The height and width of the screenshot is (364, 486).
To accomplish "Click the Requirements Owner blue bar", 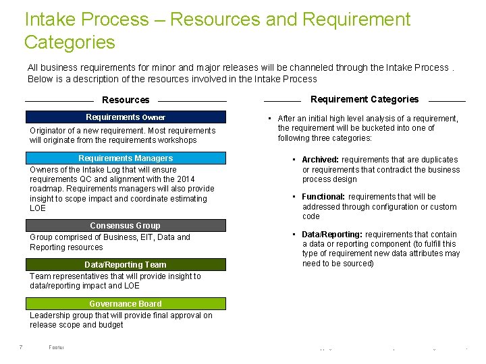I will tap(126, 117).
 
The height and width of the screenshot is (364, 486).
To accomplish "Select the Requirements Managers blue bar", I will tap(126, 158).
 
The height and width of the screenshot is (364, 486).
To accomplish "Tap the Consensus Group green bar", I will tap(126, 226).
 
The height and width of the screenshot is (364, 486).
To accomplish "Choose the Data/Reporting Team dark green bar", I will tap(126, 265).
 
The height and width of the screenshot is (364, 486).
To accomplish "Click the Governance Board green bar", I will tap(126, 304).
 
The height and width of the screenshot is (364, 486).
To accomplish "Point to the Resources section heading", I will tap(126, 100).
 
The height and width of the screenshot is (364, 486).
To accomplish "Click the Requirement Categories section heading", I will tap(364, 99).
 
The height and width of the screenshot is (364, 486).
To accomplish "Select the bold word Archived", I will tap(321, 160).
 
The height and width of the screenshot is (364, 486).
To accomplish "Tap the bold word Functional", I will tap(323, 197).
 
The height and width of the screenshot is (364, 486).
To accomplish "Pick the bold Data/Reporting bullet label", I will tap(331, 235).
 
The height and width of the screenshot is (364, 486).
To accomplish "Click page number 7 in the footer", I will tap(21, 347).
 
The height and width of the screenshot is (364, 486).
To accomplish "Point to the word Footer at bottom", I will tap(56, 347).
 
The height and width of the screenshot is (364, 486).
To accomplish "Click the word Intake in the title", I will tap(47, 20).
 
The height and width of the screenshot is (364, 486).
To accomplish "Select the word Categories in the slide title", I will tap(70, 42).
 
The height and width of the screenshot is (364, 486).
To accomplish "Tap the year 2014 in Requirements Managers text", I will tap(186, 179).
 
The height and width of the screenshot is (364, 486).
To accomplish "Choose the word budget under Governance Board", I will tap(110, 325).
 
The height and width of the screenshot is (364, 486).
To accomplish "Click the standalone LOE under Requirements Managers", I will tap(38, 208).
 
